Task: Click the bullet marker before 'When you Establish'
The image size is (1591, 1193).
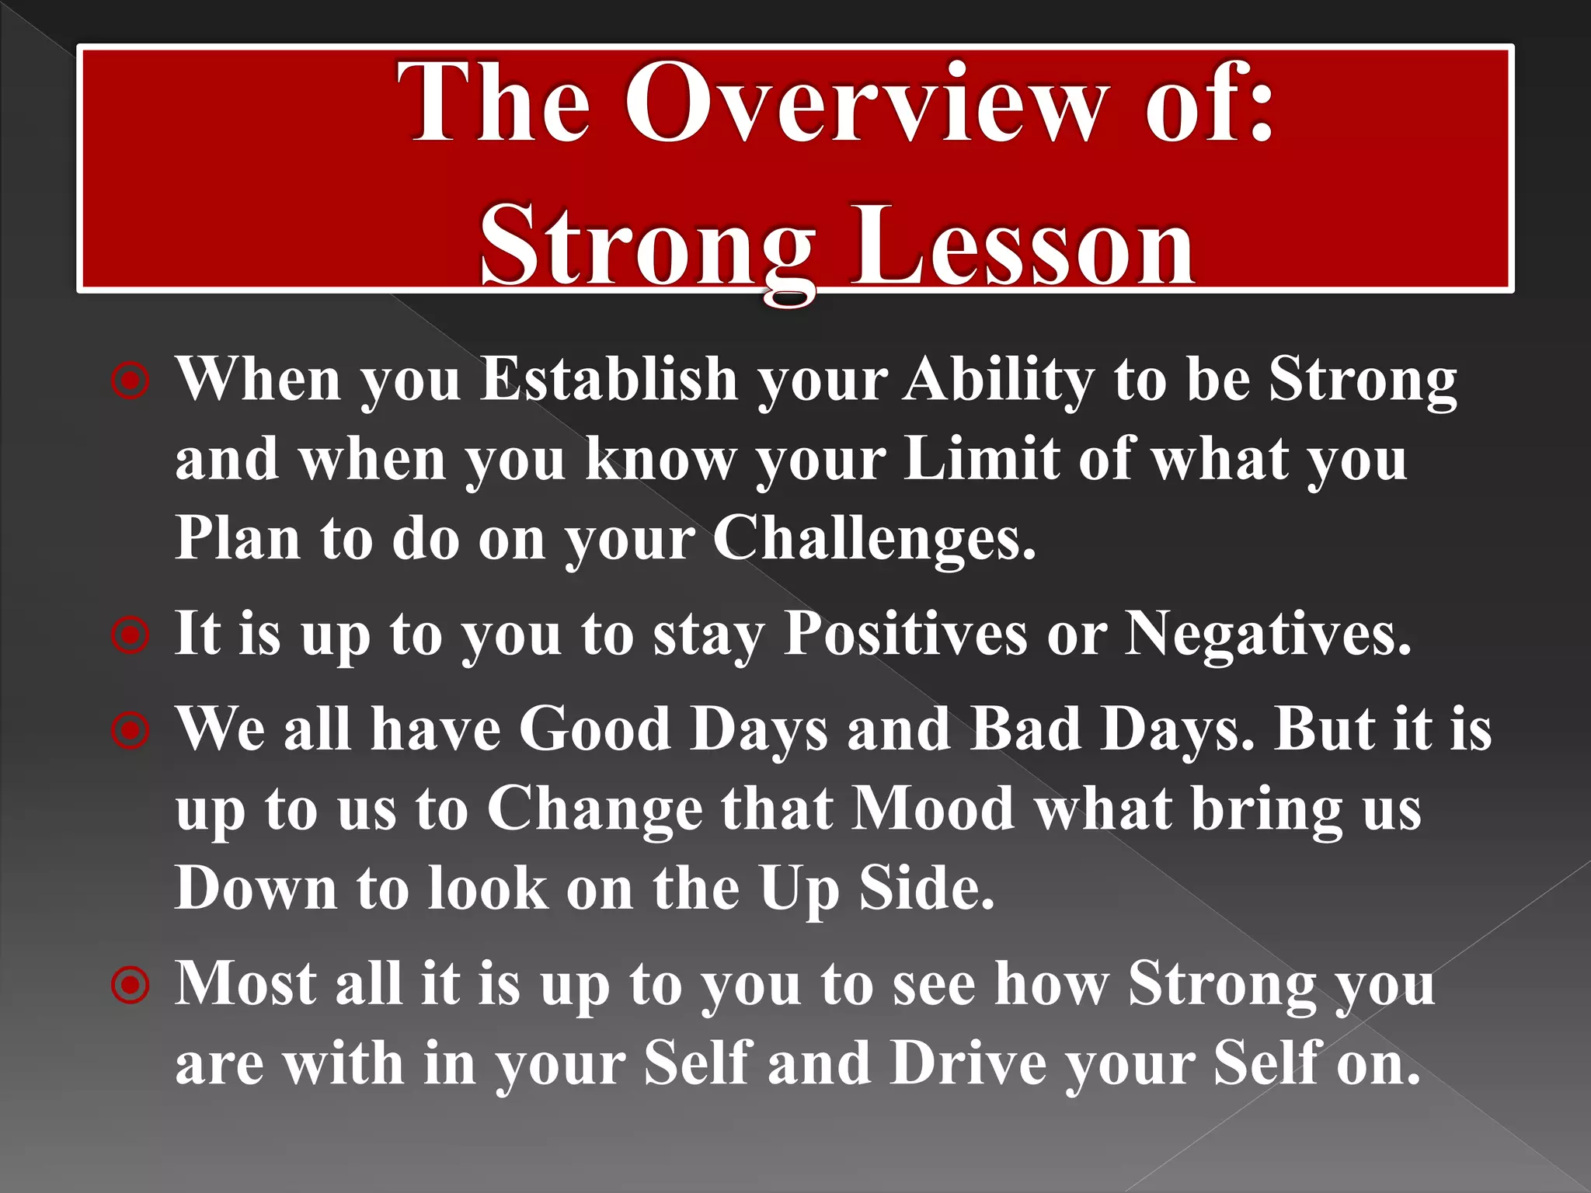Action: click(x=130, y=382)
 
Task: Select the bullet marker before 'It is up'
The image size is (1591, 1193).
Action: click(x=130, y=636)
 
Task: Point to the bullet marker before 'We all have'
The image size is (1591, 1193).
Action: click(x=130, y=731)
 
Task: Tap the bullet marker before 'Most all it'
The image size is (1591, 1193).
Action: click(x=130, y=986)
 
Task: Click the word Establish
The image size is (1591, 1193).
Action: click(x=608, y=380)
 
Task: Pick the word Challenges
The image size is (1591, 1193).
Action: click(x=874, y=539)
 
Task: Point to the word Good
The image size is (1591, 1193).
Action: click(x=594, y=729)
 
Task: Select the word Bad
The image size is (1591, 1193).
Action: click(x=1026, y=729)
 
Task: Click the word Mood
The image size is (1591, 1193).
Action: click(x=933, y=809)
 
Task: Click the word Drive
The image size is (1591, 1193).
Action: click(x=968, y=1063)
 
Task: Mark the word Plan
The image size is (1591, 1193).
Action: click(x=238, y=537)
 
